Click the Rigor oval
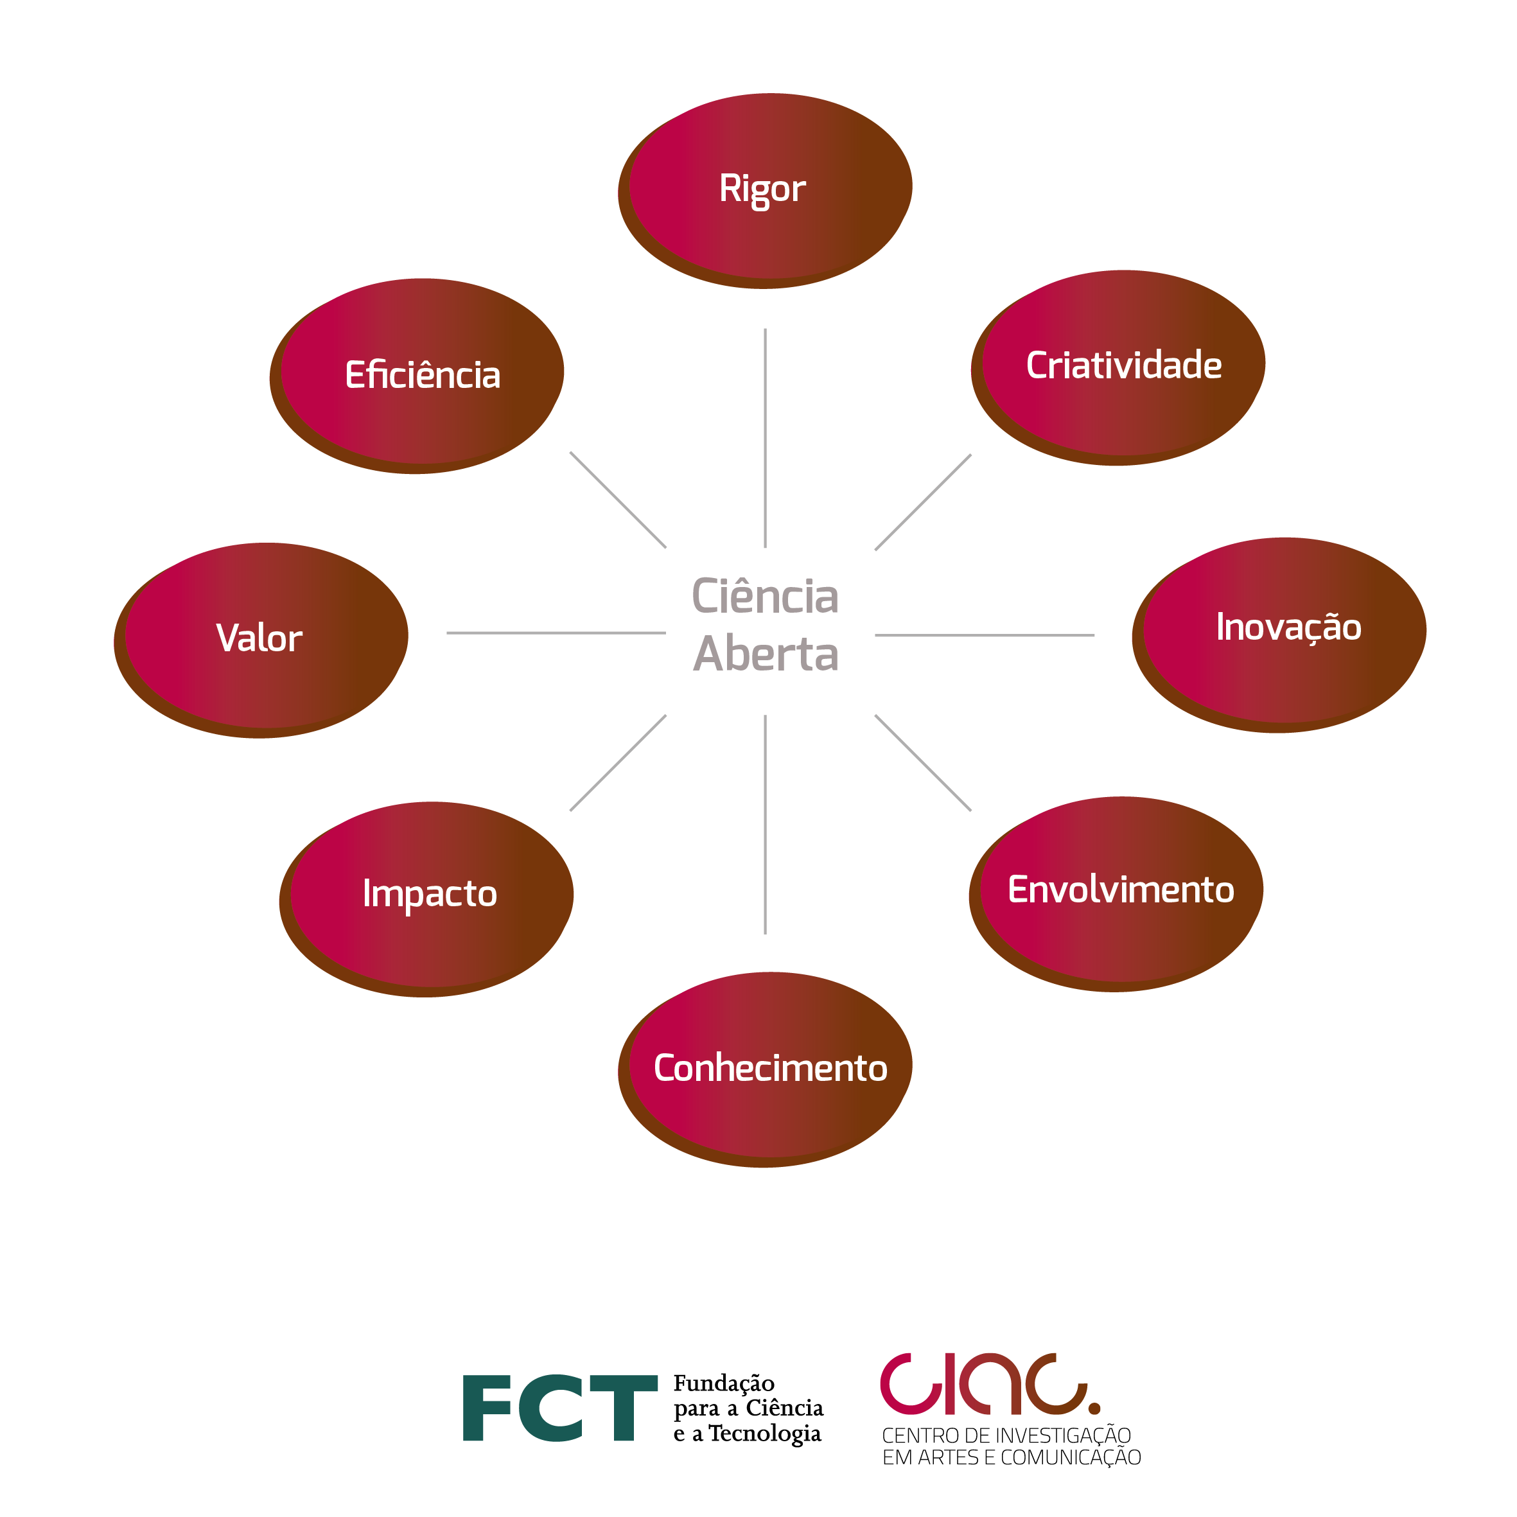click(x=766, y=188)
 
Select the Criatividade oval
click(x=1119, y=366)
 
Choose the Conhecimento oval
click(x=766, y=1069)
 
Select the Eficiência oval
click(x=417, y=374)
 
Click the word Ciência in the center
click(x=766, y=597)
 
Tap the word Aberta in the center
click(x=766, y=654)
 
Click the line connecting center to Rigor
click(x=766, y=438)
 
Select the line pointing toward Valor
click(x=556, y=633)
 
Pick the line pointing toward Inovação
click(x=985, y=635)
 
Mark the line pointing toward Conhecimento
click(x=766, y=825)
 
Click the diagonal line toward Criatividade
click(x=924, y=502)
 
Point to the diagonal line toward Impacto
click(x=618, y=762)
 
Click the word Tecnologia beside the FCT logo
click(x=765, y=1434)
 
